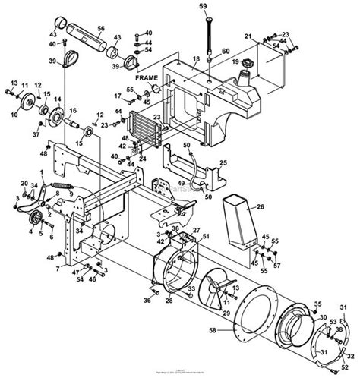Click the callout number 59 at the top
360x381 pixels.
(202, 7)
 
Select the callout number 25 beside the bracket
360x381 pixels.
(223, 162)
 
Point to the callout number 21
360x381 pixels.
(247, 36)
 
